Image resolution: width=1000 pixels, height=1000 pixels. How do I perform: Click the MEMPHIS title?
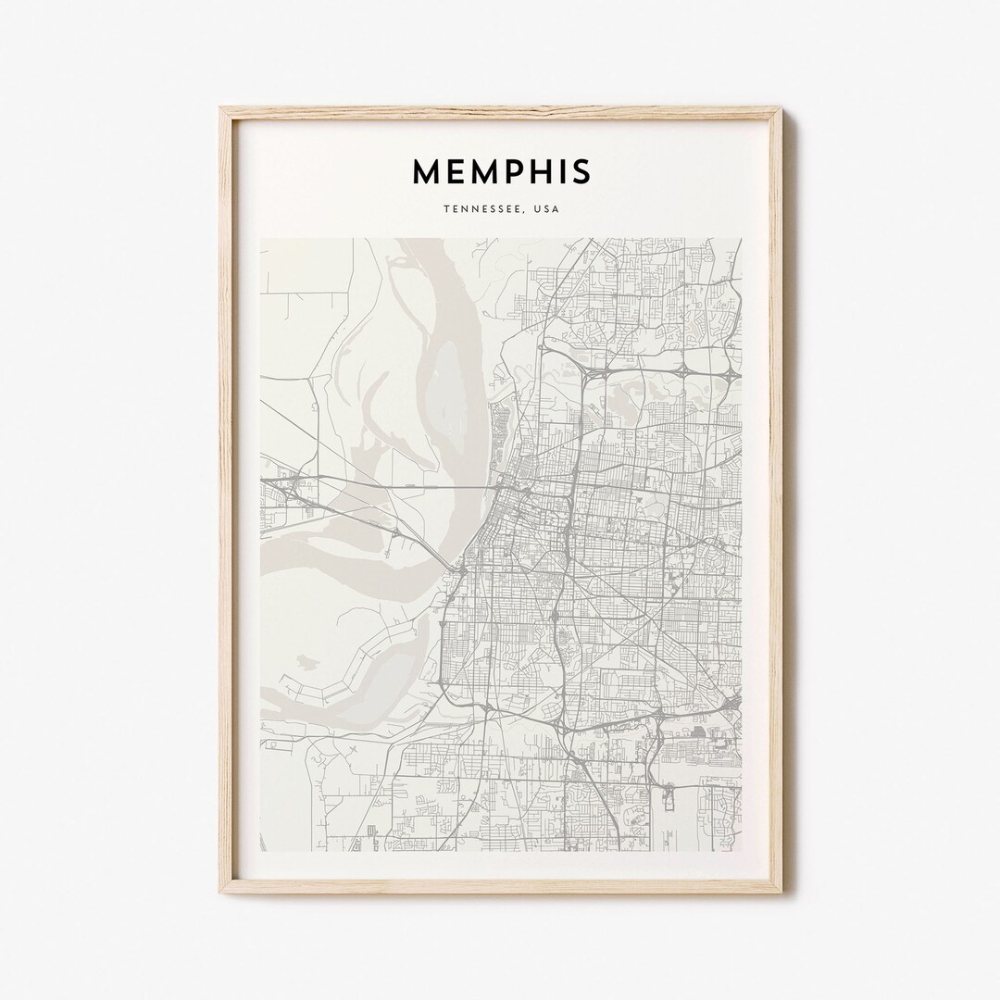pos(501,171)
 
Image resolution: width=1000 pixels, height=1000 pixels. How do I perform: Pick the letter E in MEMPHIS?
pos(454,171)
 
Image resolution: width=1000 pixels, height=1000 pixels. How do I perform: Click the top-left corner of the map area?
pos(261,239)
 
